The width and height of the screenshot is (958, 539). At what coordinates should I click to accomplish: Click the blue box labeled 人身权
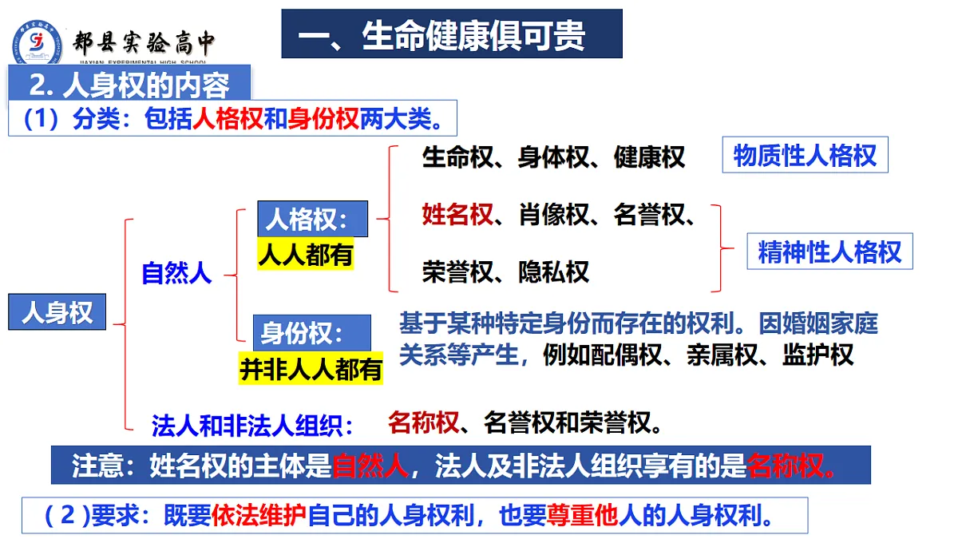pyautogui.click(x=57, y=312)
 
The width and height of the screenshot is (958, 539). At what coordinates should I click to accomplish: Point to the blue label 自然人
pyautogui.click(x=176, y=273)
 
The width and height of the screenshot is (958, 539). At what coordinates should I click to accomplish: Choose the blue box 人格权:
pyautogui.click(x=312, y=219)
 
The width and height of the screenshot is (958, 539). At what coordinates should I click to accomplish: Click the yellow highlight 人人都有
pyautogui.click(x=306, y=255)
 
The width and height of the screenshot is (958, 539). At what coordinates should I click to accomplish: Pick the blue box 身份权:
pyautogui.click(x=312, y=332)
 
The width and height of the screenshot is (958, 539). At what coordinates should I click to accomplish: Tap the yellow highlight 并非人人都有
pyautogui.click(x=311, y=369)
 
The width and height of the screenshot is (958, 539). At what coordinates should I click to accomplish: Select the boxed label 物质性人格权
pyautogui.click(x=805, y=155)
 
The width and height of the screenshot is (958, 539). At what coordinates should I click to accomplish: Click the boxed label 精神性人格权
pyautogui.click(x=829, y=252)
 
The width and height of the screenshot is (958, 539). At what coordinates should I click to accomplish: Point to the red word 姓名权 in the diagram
pyautogui.click(x=457, y=215)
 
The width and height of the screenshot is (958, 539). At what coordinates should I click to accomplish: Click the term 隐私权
pyautogui.click(x=553, y=272)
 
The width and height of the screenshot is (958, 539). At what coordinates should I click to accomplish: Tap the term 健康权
pyautogui.click(x=649, y=157)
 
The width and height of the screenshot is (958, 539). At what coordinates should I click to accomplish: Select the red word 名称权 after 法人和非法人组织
pyautogui.click(x=423, y=422)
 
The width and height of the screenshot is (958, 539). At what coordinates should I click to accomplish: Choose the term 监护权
pyautogui.click(x=817, y=355)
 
